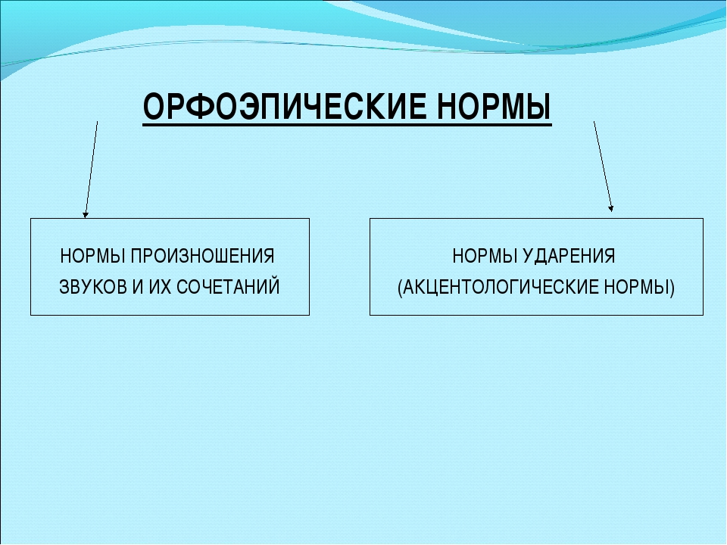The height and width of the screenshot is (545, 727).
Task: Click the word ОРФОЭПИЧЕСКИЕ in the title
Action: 284,107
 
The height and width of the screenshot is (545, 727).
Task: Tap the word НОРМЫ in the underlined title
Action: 495,107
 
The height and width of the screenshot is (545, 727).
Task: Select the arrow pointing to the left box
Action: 92,169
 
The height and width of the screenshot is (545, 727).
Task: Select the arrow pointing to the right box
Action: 604,167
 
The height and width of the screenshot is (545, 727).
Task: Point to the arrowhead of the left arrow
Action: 86,214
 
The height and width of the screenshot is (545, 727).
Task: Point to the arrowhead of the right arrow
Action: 610,209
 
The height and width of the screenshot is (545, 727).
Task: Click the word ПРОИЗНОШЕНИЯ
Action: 202,256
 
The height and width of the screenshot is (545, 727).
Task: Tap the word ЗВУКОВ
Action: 93,287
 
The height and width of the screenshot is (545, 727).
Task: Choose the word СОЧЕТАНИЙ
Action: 228,286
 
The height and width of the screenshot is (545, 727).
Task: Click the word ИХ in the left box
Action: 160,287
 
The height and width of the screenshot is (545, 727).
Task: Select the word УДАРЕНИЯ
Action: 569,257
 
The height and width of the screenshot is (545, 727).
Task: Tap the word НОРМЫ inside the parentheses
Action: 637,288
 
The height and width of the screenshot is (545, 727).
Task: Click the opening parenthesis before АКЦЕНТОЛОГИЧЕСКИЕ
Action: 400,288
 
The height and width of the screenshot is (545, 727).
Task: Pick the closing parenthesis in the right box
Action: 672,288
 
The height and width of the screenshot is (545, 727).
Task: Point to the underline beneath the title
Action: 348,123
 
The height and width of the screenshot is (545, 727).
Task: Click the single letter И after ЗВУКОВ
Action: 138,287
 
